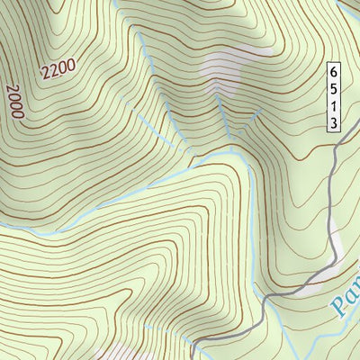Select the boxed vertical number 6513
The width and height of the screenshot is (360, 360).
tap(333, 97)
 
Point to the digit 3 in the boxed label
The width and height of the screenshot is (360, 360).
tap(333, 123)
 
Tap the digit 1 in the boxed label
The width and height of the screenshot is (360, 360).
tap(333, 106)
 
